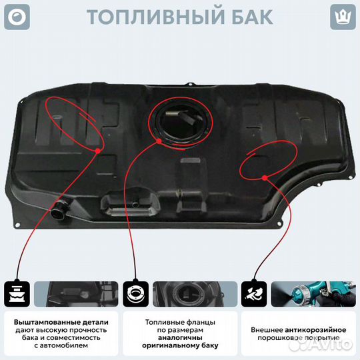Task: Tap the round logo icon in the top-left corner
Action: click(x=16, y=16)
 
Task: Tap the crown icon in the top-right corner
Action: click(x=343, y=16)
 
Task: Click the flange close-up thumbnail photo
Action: click(x=189, y=293)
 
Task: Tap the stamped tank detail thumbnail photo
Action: click(x=71, y=293)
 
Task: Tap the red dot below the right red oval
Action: click(x=265, y=177)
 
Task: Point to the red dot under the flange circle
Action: click(x=159, y=141)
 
